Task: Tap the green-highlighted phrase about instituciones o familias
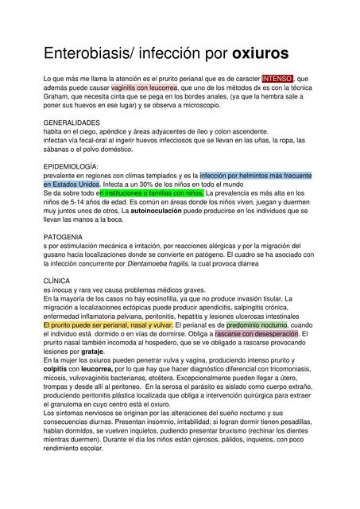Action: tap(152, 193)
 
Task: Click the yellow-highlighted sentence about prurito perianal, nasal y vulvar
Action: tap(108, 325)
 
